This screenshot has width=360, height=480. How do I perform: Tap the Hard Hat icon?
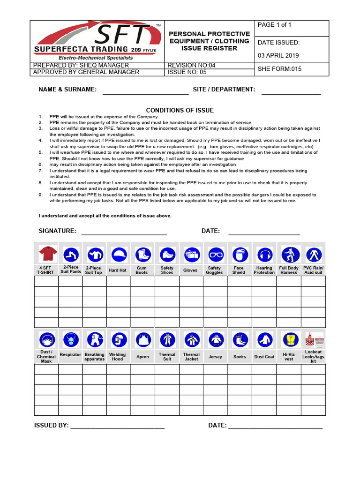coord(118,254)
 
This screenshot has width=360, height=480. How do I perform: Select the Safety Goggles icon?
coord(215,254)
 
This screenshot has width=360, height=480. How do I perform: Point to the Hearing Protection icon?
coord(264,254)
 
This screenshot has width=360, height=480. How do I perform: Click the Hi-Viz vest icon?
coord(289,339)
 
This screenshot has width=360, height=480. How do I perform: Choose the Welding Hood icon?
coord(118,339)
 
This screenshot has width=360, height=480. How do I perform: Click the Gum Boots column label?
coord(142,270)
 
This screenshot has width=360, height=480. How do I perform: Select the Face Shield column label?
coord(239,270)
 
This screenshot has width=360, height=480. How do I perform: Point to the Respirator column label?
coord(70,355)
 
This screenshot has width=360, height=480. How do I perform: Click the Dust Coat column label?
coord(264,357)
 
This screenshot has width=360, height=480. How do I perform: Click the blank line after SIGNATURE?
coord(124,232)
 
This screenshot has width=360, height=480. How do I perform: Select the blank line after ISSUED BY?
coord(117,427)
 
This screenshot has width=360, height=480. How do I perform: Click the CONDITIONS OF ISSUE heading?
coord(180,110)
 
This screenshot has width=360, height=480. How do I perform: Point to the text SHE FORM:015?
coord(280,69)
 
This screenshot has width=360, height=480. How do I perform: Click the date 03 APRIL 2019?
coord(278,55)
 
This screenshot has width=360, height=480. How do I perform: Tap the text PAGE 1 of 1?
coord(275,25)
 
